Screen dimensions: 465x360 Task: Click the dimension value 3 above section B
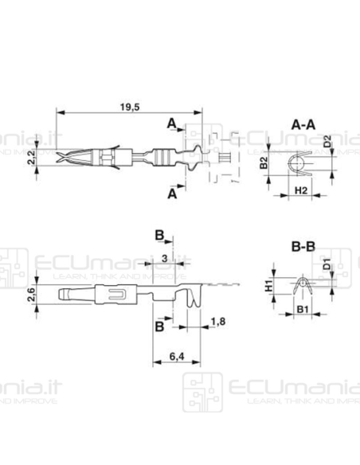[x=163, y=259]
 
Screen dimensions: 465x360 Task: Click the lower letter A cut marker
[x=171, y=194]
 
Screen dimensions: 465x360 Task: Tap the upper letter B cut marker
[x=159, y=236]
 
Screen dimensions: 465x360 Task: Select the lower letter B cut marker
[x=159, y=326]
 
